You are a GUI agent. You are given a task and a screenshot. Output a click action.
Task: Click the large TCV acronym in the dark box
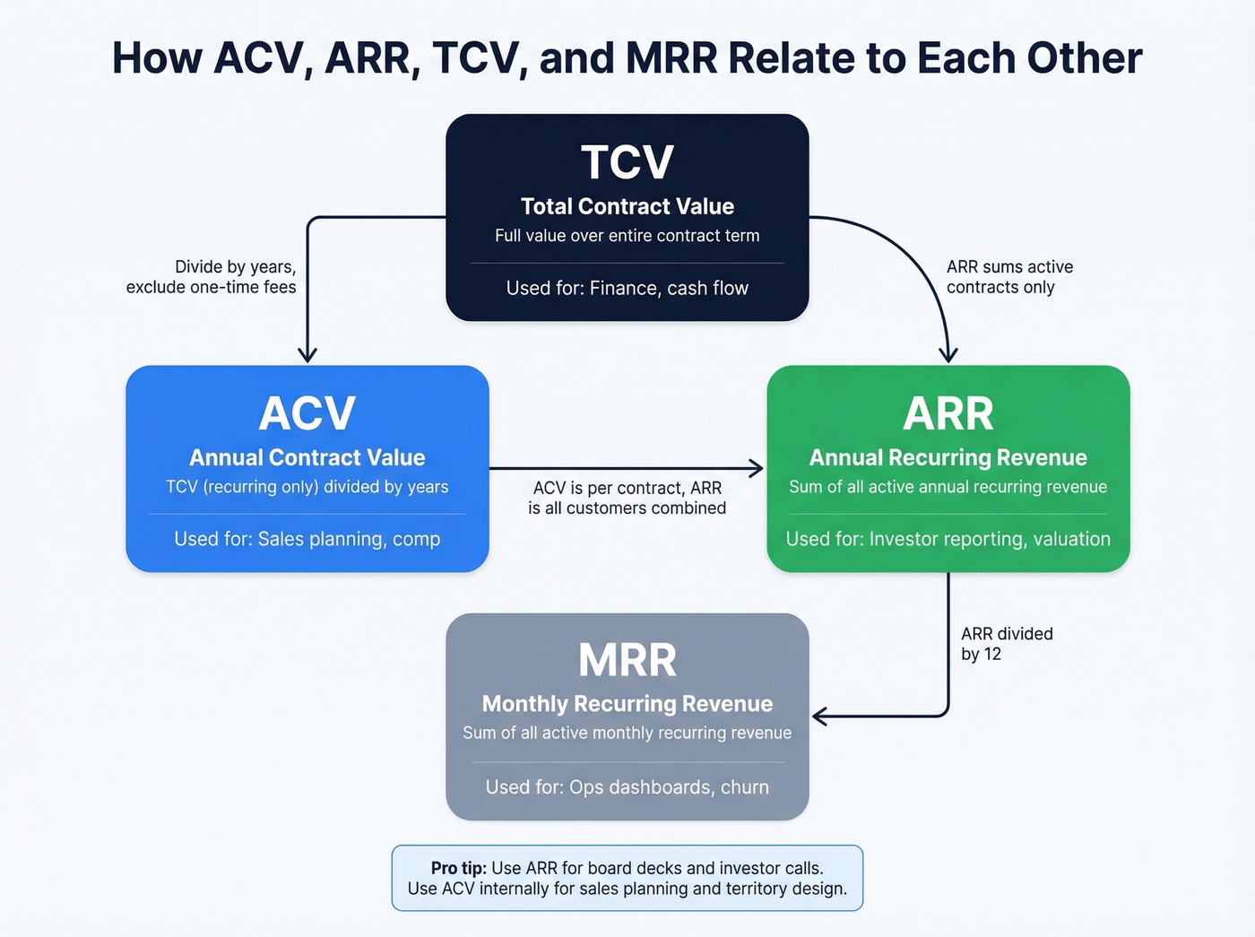[627, 162]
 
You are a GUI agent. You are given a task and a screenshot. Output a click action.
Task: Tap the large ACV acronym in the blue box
[307, 413]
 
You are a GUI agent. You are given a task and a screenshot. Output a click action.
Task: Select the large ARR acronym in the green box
[948, 413]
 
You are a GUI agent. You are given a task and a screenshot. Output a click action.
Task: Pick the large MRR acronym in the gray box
[627, 660]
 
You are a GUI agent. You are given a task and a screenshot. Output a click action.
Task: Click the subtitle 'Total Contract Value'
[627, 206]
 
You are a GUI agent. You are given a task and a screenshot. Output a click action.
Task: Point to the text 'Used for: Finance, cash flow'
[627, 288]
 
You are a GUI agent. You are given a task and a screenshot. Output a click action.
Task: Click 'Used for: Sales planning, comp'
[307, 539]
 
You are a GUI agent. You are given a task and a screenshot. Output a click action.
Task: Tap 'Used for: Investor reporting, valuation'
[948, 539]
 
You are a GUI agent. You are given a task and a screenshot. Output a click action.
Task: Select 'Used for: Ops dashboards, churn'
[627, 787]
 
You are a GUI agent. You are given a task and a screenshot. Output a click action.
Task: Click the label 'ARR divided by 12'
[1006, 644]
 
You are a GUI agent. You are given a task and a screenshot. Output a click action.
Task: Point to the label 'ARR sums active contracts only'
[1008, 277]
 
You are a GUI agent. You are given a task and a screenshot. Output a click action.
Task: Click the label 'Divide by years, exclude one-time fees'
[212, 277]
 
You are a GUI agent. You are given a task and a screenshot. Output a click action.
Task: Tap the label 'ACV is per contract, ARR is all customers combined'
[627, 498]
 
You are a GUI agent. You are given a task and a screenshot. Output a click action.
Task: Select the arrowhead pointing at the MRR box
[818, 716]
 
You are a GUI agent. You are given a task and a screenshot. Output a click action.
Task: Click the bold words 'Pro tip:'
[458, 868]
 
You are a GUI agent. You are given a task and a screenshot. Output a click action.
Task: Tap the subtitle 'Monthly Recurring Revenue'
[627, 704]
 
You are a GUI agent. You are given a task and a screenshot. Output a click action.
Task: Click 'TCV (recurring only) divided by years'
[307, 487]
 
